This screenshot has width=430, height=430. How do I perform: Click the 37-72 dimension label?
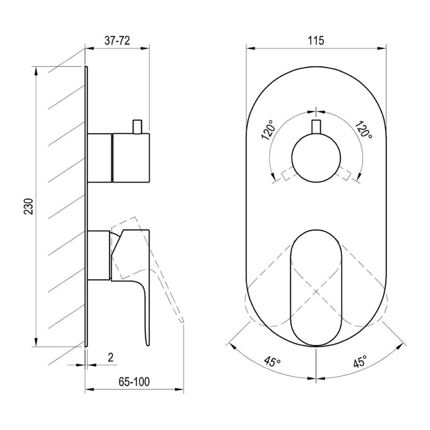pos(117,41)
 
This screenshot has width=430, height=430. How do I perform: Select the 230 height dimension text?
pos(29,206)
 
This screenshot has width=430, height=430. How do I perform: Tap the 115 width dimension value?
pos(316,41)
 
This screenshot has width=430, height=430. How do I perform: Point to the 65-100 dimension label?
pos(134,376)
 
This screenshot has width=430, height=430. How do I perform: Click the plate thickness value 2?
pos(111,358)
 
